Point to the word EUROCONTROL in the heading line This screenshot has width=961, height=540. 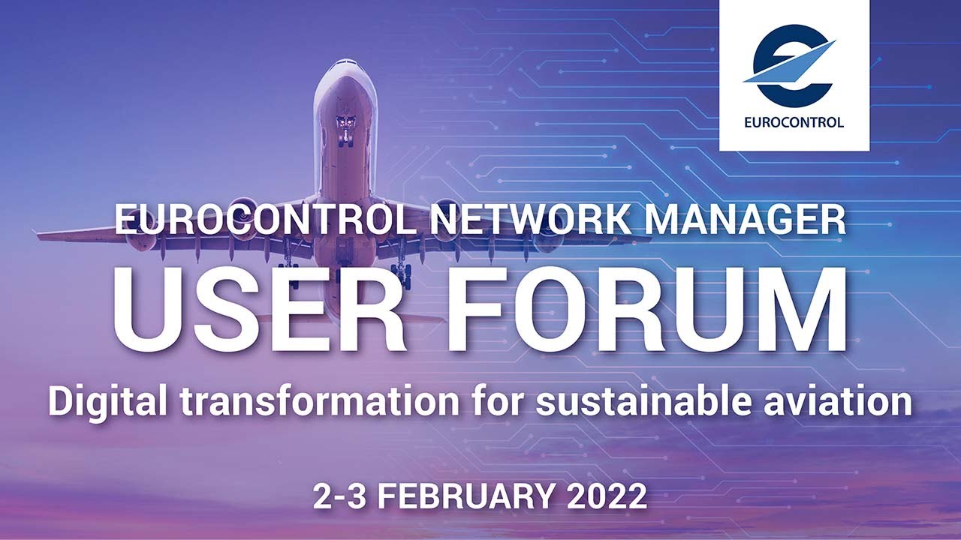264,220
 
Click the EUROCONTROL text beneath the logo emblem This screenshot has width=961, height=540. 794,122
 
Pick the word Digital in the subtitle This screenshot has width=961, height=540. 108,402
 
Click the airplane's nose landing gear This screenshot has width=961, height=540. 346,129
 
